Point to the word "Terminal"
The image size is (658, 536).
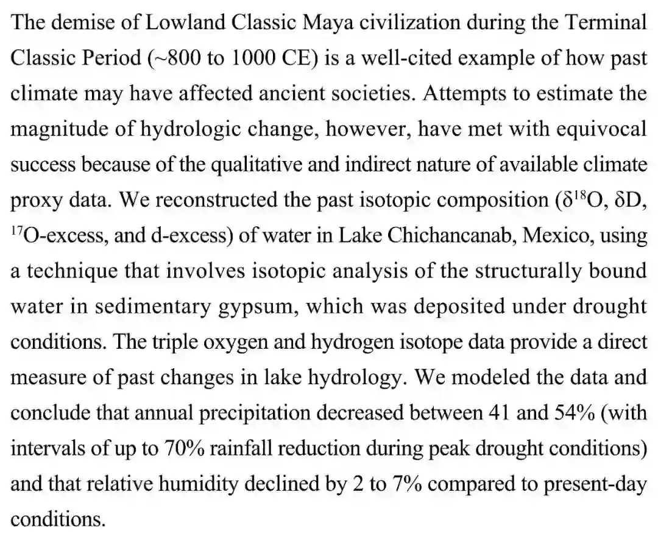click(604, 24)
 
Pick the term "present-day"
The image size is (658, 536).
click(595, 484)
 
